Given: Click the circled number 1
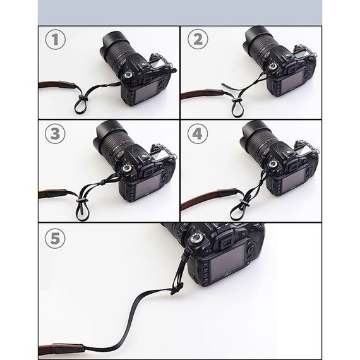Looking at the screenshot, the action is click(56, 40).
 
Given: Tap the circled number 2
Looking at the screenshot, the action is click(198, 39).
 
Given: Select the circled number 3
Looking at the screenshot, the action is click(55, 134).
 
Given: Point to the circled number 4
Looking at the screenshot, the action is click(198, 133).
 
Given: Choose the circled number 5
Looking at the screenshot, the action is click(55, 238).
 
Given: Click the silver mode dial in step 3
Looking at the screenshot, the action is click(127, 169).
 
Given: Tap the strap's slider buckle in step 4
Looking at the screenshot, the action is click(243, 203).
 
